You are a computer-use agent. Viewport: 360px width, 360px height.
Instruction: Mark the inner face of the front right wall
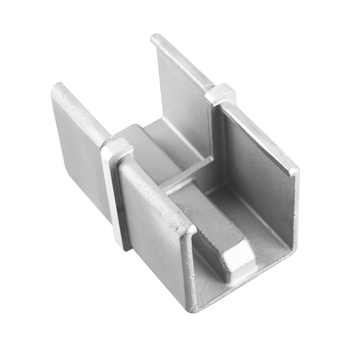258,174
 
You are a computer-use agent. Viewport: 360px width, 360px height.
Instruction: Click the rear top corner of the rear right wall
155,39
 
